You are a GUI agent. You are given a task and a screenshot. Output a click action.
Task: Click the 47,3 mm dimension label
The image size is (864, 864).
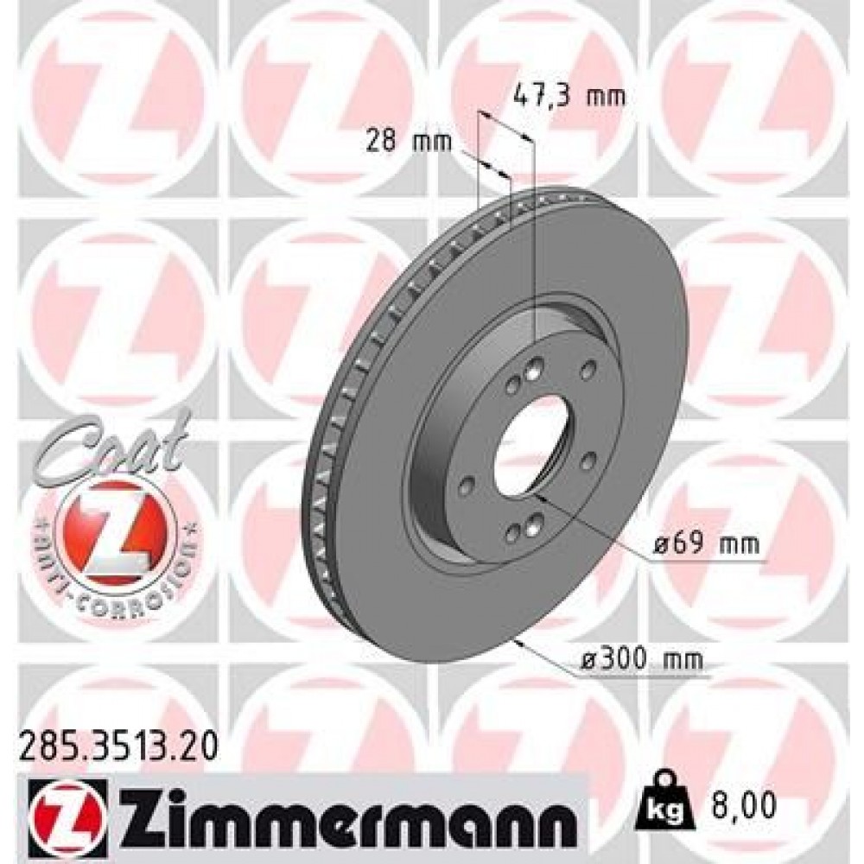coord(568,96)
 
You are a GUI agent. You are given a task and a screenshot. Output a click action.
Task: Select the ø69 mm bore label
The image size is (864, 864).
coord(706,545)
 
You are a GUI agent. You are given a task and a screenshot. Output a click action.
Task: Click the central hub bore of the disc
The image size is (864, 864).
coord(530,440)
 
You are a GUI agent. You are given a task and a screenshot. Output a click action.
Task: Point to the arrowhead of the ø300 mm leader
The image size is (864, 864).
coord(518,641)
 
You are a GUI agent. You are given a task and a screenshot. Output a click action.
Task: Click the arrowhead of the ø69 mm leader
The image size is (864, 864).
coord(538,497)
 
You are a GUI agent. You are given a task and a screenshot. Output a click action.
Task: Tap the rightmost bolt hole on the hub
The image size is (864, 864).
coord(589,371)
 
